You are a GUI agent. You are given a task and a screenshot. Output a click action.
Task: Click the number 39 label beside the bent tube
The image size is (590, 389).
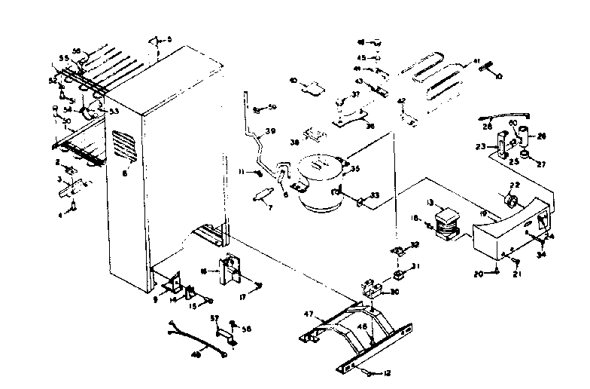271,132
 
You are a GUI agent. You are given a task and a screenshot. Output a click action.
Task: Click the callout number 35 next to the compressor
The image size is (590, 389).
353,170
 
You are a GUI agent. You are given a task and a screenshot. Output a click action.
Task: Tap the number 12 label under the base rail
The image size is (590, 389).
388,372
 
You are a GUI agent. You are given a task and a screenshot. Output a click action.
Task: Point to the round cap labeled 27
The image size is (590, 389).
531,158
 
